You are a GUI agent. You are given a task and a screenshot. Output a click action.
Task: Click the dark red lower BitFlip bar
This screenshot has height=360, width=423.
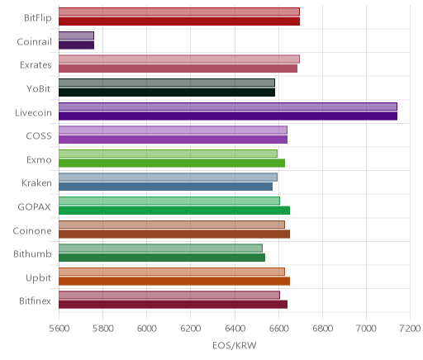[x=179, y=21]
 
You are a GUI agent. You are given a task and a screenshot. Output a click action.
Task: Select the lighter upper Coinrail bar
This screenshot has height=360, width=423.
[x=76, y=36]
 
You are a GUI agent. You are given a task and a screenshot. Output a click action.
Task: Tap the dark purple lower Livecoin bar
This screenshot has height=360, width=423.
[x=228, y=116]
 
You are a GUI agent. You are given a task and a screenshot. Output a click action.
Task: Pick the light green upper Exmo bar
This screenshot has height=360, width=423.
[x=168, y=154]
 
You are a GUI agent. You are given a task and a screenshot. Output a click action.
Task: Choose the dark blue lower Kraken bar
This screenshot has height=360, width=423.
[x=165, y=187]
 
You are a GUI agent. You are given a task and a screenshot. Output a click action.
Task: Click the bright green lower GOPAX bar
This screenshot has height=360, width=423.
[x=174, y=211]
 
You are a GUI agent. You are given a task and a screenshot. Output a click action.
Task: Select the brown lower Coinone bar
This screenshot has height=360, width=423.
[x=174, y=234]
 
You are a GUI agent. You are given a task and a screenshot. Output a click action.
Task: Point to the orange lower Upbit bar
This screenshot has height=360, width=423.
[x=174, y=282]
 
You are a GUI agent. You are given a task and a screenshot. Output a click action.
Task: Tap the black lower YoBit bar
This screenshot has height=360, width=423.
[x=167, y=92]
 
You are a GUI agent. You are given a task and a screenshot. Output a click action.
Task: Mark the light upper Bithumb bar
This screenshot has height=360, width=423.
[x=160, y=248]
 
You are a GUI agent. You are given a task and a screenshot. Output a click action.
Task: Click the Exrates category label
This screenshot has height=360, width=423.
[x=36, y=65]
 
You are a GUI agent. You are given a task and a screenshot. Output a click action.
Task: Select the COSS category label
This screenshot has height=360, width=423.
[x=39, y=136]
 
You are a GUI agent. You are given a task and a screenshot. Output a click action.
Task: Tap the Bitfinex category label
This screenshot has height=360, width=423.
[x=35, y=301]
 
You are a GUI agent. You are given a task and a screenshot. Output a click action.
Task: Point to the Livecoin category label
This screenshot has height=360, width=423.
[x=33, y=112]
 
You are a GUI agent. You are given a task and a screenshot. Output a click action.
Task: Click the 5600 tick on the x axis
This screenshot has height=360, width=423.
[x=59, y=329]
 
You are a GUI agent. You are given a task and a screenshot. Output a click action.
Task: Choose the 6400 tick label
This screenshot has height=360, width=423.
[x=235, y=329]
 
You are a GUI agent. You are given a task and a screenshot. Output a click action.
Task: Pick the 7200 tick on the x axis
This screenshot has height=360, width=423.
[x=410, y=329]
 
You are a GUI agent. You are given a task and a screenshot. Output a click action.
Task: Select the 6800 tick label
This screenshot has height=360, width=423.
[x=322, y=329]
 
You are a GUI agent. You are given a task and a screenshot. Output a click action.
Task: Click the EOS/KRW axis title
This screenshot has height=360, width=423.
[x=235, y=345]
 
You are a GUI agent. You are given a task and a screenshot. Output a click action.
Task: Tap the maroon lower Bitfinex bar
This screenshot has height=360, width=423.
[x=173, y=305]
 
